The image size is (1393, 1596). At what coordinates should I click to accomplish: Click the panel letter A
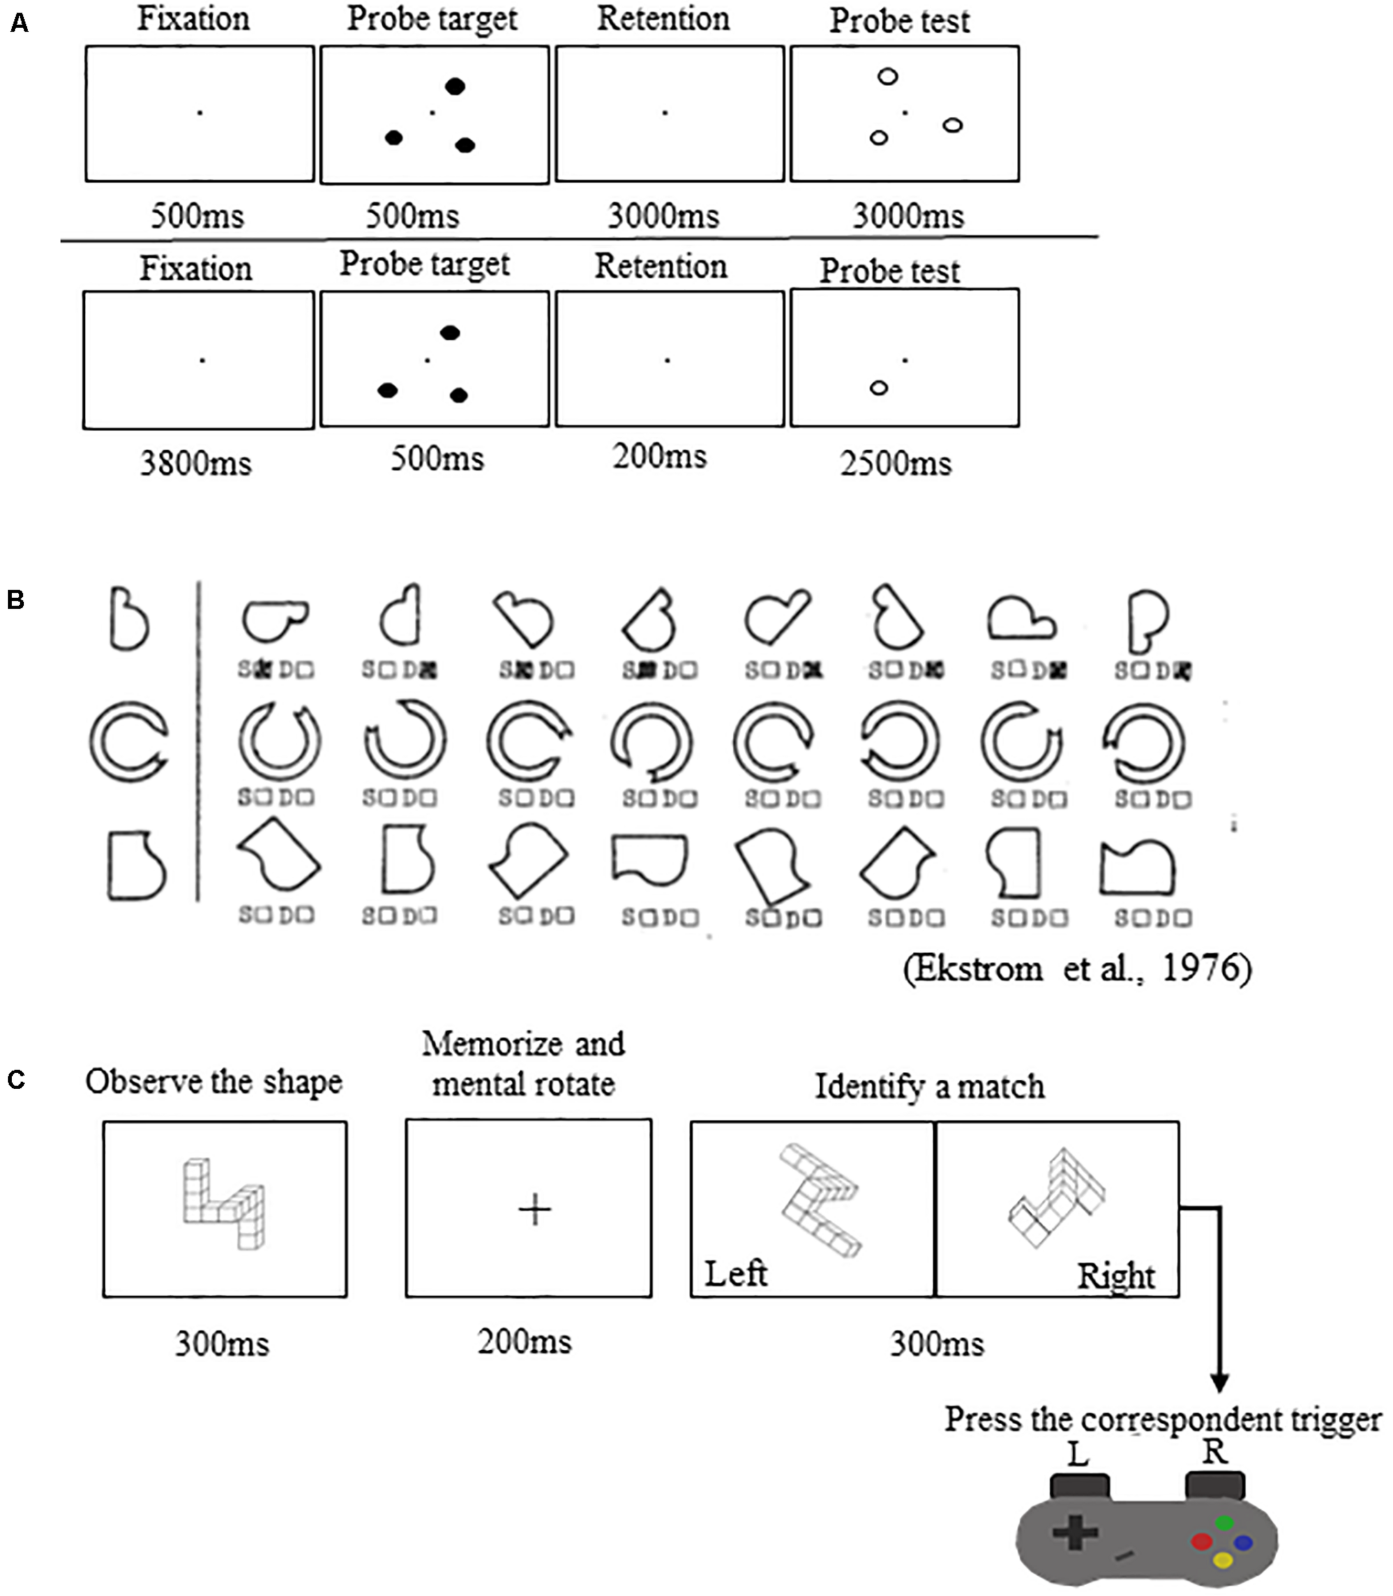click(x=19, y=24)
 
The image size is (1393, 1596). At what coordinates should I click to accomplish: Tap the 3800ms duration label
click(x=196, y=464)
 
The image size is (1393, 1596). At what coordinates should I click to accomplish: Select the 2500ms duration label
click(x=896, y=464)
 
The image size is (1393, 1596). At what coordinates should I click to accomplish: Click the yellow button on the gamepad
click(x=1223, y=1560)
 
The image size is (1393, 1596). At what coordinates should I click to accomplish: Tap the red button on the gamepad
click(x=1201, y=1541)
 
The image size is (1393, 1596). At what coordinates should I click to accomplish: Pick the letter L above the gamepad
click(x=1078, y=1453)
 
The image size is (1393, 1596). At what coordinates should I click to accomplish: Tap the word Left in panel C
click(x=735, y=1274)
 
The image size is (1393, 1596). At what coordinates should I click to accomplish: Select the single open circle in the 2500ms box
click(x=878, y=387)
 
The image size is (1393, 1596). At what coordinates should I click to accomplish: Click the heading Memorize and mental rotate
click(x=523, y=1064)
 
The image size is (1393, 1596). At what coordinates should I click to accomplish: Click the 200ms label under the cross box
click(x=525, y=1342)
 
